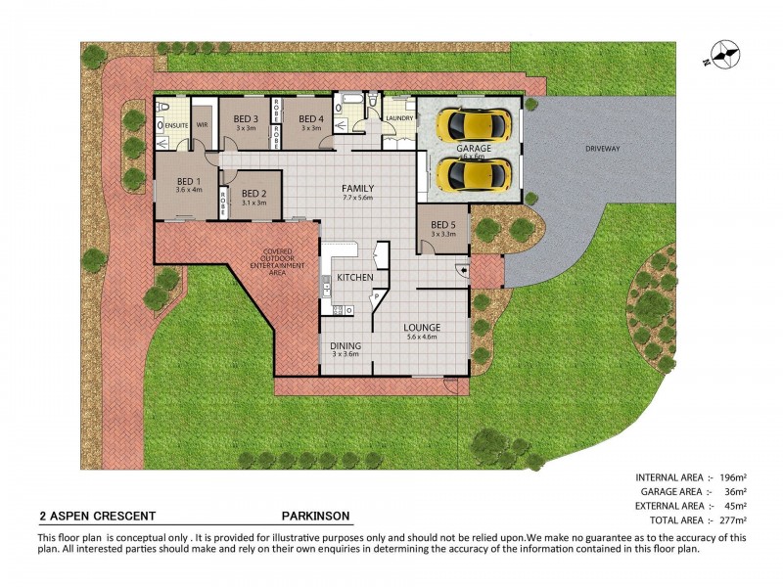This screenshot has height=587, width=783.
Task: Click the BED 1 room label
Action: pyautogui.click(x=188, y=182)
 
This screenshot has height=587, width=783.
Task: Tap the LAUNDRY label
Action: pyautogui.click(x=398, y=118)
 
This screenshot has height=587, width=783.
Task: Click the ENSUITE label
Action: pyautogui.click(x=176, y=125)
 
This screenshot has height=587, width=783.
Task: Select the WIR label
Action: pyautogui.click(x=204, y=125)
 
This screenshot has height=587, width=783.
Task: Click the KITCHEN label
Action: pyautogui.click(x=354, y=278)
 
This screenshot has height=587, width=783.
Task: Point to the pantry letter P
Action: pyautogui.click(x=375, y=293)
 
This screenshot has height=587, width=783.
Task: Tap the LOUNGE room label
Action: pyautogui.click(x=423, y=327)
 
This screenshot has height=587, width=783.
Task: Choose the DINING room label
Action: pyautogui.click(x=345, y=345)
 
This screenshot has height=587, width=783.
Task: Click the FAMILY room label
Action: pyautogui.click(x=357, y=189)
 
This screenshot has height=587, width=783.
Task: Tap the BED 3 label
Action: pyautogui.click(x=246, y=119)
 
